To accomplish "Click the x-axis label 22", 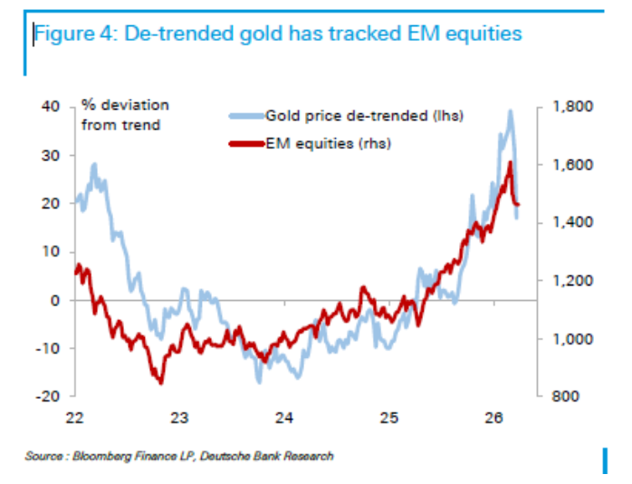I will click(75, 419).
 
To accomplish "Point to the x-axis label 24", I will click(284, 419).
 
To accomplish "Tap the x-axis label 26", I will click(493, 419).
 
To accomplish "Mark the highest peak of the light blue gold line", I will click(511, 111).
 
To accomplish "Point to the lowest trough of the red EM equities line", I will click(161, 382).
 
